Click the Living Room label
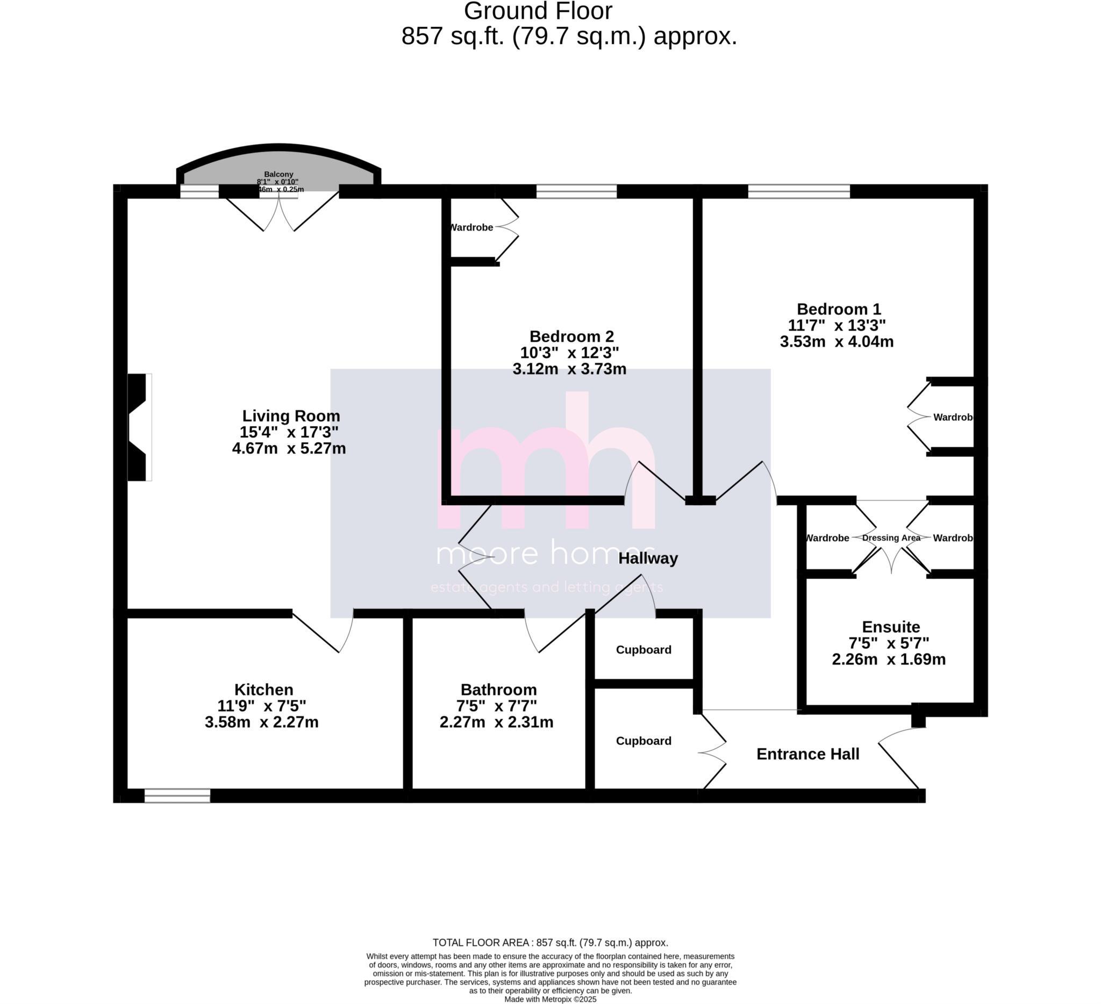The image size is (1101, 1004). pos(291,416)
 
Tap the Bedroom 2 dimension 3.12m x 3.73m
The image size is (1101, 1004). pos(569,370)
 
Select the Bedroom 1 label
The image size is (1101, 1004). pos(838,310)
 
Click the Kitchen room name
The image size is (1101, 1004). pos(264,690)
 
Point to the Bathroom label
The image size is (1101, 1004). pos(498,690)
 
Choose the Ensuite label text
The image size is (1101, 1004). pos(891,627)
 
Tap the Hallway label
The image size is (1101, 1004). pos(648,558)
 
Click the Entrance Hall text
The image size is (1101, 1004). pos(807,754)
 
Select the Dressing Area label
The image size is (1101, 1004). pos(891,538)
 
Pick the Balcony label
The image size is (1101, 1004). pos(278,174)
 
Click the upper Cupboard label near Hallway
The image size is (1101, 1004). pos(644,650)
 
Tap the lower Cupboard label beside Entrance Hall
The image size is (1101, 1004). pos(644,741)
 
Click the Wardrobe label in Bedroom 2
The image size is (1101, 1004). pos(471,228)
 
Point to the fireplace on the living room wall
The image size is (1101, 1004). pos(138,427)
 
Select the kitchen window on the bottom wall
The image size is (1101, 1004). pos(177,795)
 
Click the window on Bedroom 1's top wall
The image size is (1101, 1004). pos(798,192)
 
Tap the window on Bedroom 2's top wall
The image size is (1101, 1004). pos(576,192)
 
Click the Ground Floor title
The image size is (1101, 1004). pos(538,11)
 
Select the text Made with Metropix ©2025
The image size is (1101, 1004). pos(550,999)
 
